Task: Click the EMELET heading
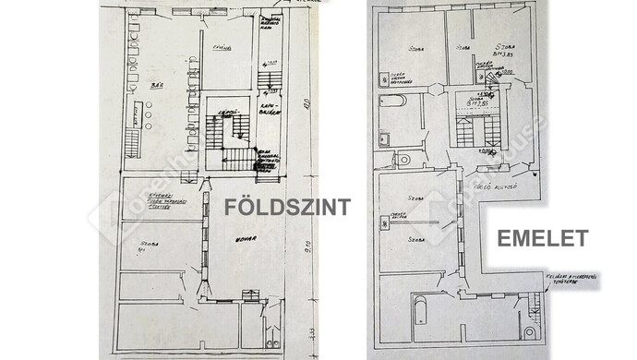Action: (x=543, y=238)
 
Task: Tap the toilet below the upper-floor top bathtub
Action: (x=403, y=160)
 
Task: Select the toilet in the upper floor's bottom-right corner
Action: (x=530, y=330)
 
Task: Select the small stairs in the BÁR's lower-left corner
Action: (x=136, y=144)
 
